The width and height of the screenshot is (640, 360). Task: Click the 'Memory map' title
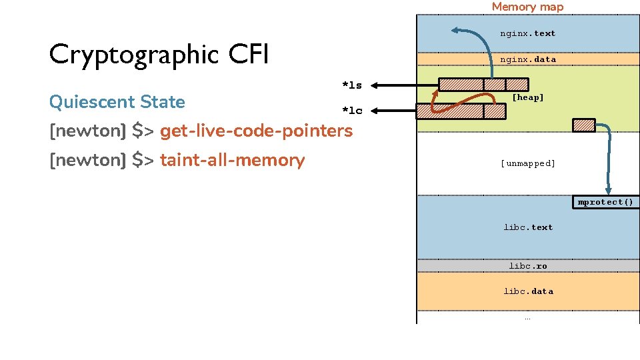coord(527,7)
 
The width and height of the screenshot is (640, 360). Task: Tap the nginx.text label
coord(528,33)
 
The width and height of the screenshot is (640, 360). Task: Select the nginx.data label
coord(528,59)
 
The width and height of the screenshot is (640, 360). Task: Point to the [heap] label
coord(528,97)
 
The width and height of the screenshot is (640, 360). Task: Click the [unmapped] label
coord(528,163)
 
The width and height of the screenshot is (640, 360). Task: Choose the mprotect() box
coord(606,202)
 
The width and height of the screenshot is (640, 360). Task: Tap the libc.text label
coord(528,227)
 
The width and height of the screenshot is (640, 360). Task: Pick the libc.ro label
coord(528,266)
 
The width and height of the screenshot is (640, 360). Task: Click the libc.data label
coord(528,291)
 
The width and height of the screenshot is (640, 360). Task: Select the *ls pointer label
coord(352,85)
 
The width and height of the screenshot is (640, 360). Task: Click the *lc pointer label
coord(352,111)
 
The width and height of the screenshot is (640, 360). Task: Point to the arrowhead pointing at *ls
coord(374,85)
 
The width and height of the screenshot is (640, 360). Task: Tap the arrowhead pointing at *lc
coord(374,111)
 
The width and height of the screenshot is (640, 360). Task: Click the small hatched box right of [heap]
coord(584,125)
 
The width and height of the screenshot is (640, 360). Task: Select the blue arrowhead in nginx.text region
coord(455,30)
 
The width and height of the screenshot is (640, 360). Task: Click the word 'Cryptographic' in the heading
coord(134,55)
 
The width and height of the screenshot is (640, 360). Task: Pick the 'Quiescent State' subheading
coord(117,101)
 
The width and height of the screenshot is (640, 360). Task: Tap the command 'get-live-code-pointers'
coord(256,131)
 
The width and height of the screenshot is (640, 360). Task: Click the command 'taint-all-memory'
coord(232,160)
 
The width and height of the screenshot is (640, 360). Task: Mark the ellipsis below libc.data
coord(527,319)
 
